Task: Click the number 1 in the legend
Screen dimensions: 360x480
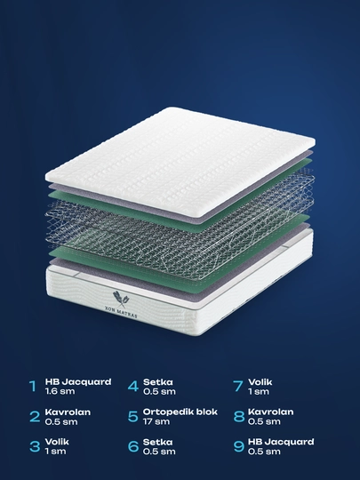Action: pos(33,387)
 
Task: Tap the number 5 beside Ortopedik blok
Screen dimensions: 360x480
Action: pos(132,416)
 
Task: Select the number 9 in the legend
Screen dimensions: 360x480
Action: pos(239,446)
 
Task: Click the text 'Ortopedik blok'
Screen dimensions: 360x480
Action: pos(180,412)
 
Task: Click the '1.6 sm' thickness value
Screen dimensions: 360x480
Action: pos(60,391)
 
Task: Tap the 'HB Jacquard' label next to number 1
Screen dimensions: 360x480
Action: pos(78,382)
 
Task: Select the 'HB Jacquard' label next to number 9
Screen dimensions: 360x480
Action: pos(281,442)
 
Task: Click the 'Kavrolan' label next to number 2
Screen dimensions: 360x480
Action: pos(68,412)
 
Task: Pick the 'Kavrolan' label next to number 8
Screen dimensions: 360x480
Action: pos(270,412)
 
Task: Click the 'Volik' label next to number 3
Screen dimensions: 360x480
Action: pos(57,442)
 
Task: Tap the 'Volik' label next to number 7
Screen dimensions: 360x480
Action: pos(260,382)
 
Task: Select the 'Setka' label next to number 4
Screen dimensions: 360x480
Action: pos(157,382)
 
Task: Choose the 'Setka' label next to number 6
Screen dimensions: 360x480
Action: pos(157,442)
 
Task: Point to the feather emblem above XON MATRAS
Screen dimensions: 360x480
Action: pos(121,299)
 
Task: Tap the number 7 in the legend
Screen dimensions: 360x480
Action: pos(238,387)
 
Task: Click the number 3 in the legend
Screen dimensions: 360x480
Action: pos(35,446)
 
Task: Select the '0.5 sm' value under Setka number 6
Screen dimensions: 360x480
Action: pos(159,452)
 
